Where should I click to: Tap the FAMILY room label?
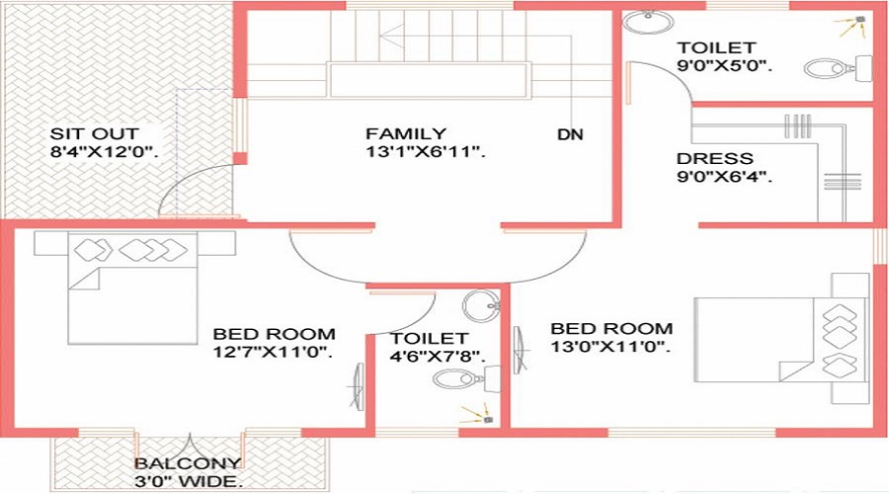click(406, 133)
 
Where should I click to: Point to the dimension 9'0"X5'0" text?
click(724, 67)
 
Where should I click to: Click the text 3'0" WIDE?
click(187, 482)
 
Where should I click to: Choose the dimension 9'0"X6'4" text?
click(724, 178)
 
